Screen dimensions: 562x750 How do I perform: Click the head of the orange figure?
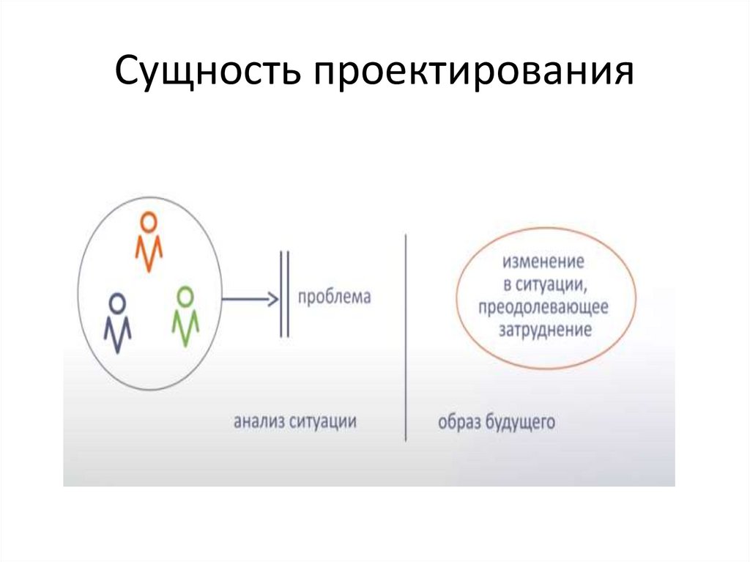[x=149, y=221]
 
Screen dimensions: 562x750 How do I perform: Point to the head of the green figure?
[x=186, y=295]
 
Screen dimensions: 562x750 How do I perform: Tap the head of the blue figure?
[x=117, y=301]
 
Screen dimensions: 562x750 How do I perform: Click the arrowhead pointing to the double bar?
[x=272, y=299]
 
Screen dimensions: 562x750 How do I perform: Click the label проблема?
[x=334, y=298]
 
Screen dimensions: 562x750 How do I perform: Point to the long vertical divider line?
[x=405, y=337]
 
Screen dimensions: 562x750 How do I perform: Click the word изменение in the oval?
[x=532, y=261]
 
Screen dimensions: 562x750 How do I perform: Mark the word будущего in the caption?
[x=519, y=423]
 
